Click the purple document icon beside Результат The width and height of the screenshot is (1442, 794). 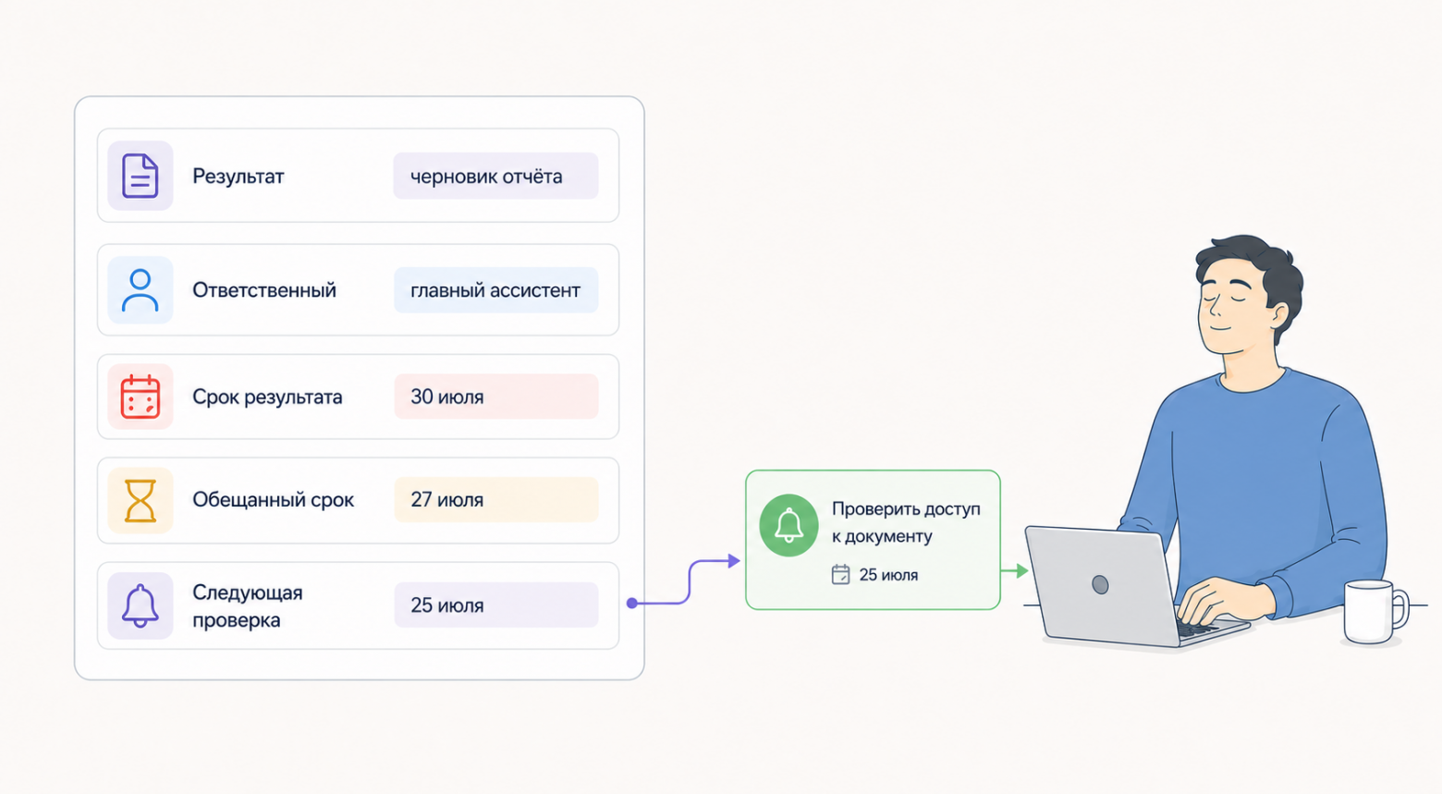click(x=140, y=176)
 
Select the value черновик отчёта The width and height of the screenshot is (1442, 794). click(x=486, y=177)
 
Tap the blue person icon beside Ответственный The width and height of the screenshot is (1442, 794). click(x=140, y=290)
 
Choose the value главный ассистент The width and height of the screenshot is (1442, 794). click(x=495, y=290)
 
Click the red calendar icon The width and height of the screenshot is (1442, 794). click(x=140, y=397)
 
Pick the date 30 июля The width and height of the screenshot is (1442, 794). click(x=446, y=397)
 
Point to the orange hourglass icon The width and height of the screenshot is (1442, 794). click(x=140, y=500)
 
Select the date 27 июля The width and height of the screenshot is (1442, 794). click(x=446, y=500)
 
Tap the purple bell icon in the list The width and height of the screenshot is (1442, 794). click(x=140, y=606)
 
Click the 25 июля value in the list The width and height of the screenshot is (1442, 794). click(x=446, y=605)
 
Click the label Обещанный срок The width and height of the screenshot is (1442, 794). click(x=273, y=500)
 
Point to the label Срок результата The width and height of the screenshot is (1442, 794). click(x=267, y=397)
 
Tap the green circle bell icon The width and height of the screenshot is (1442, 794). click(x=788, y=525)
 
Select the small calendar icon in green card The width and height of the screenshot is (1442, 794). click(x=841, y=574)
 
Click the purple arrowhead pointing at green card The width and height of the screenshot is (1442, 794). click(x=734, y=561)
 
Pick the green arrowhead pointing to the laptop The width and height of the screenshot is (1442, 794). click(x=1022, y=570)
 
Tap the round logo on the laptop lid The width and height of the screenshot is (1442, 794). click(x=1100, y=585)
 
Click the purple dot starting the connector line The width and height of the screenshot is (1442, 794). click(x=632, y=604)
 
